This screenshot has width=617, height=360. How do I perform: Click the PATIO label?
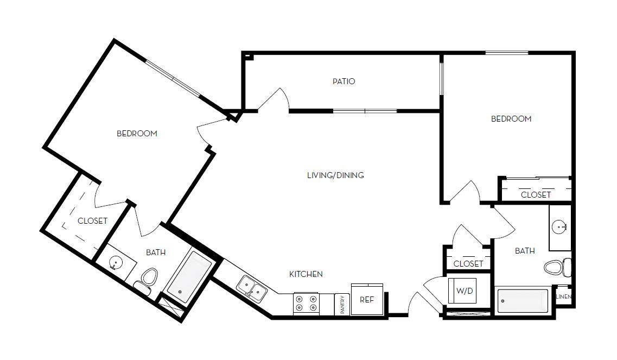pos(344,81)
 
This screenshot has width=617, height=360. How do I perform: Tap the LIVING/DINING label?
pos(335,175)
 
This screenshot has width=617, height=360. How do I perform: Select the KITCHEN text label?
pos(306,274)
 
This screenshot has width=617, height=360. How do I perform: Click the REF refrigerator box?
pos(367,299)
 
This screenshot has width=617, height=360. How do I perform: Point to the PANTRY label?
pos(342,304)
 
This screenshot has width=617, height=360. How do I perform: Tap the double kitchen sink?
pos(252,288)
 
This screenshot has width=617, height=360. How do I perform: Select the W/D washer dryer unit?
pos(463,291)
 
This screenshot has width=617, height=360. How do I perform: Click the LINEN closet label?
pos(563,297)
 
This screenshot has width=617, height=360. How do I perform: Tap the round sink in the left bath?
pos(115,263)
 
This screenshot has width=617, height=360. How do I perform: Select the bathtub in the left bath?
pos(188,277)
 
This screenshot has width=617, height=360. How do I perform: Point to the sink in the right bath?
pos(559,226)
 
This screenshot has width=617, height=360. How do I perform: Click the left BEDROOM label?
pos(137,134)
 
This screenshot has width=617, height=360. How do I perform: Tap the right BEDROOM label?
pos(511,119)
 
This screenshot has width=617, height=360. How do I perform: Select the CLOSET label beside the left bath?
pos(92,221)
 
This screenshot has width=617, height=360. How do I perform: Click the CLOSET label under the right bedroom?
pos(536,194)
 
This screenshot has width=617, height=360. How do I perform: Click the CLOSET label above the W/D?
pos(468,263)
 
